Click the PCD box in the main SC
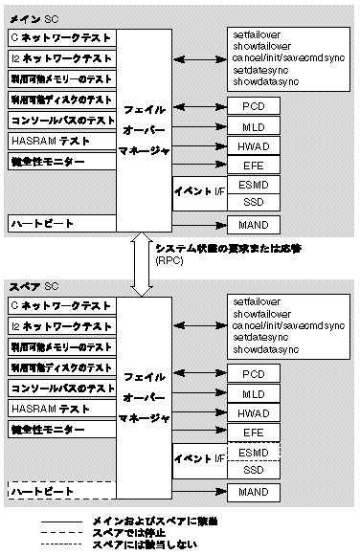pyautogui.click(x=254, y=104)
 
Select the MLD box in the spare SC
pyautogui.click(x=254, y=393)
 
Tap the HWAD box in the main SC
pyautogui.click(x=254, y=145)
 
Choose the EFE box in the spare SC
pyautogui.click(x=254, y=433)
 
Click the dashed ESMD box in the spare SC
pyautogui.click(x=254, y=452)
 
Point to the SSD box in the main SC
pyautogui.click(x=254, y=202)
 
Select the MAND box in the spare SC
pyautogui.click(x=254, y=492)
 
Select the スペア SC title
pyautogui.click(x=34, y=286)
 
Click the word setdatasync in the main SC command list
pyautogui.click(x=258, y=71)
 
